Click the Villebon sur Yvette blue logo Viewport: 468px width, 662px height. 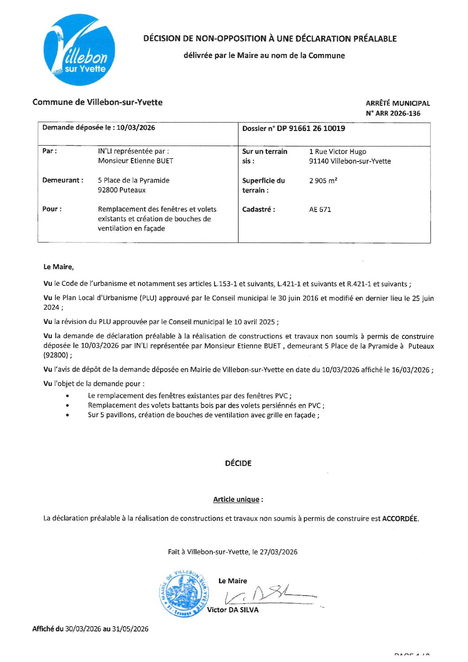[x=80, y=50]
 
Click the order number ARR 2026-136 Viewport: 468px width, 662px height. [x=398, y=113]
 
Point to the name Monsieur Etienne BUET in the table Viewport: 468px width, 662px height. [x=135, y=161]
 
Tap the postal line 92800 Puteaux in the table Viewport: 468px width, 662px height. [x=122, y=190]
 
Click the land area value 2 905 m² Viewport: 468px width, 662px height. [x=323, y=181]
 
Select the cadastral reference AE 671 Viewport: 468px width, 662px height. [x=320, y=210]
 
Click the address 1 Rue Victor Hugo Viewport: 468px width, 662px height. [x=338, y=151]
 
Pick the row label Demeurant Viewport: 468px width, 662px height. [x=62, y=181]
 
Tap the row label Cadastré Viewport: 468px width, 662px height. [x=258, y=210]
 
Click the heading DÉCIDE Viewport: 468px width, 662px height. [x=238, y=463]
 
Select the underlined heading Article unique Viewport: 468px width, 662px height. [x=236, y=500]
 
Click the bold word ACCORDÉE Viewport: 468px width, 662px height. [x=400, y=519]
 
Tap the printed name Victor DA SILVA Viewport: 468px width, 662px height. [x=233, y=610]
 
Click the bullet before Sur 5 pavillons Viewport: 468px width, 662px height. [x=67, y=416]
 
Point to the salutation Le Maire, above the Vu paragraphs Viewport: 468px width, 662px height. [x=58, y=267]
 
